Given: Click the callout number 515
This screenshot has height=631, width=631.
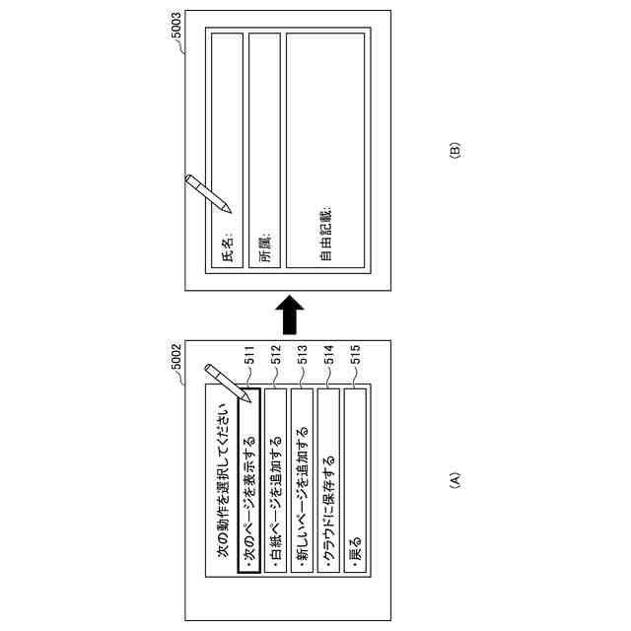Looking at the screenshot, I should (x=355, y=362).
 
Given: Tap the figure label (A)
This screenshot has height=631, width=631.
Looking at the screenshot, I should (x=455, y=481).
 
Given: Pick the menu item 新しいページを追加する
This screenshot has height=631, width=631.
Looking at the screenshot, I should (x=302, y=499).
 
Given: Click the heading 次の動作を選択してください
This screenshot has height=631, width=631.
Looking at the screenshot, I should (x=223, y=483).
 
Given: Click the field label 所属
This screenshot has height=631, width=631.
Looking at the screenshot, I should (x=263, y=251).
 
